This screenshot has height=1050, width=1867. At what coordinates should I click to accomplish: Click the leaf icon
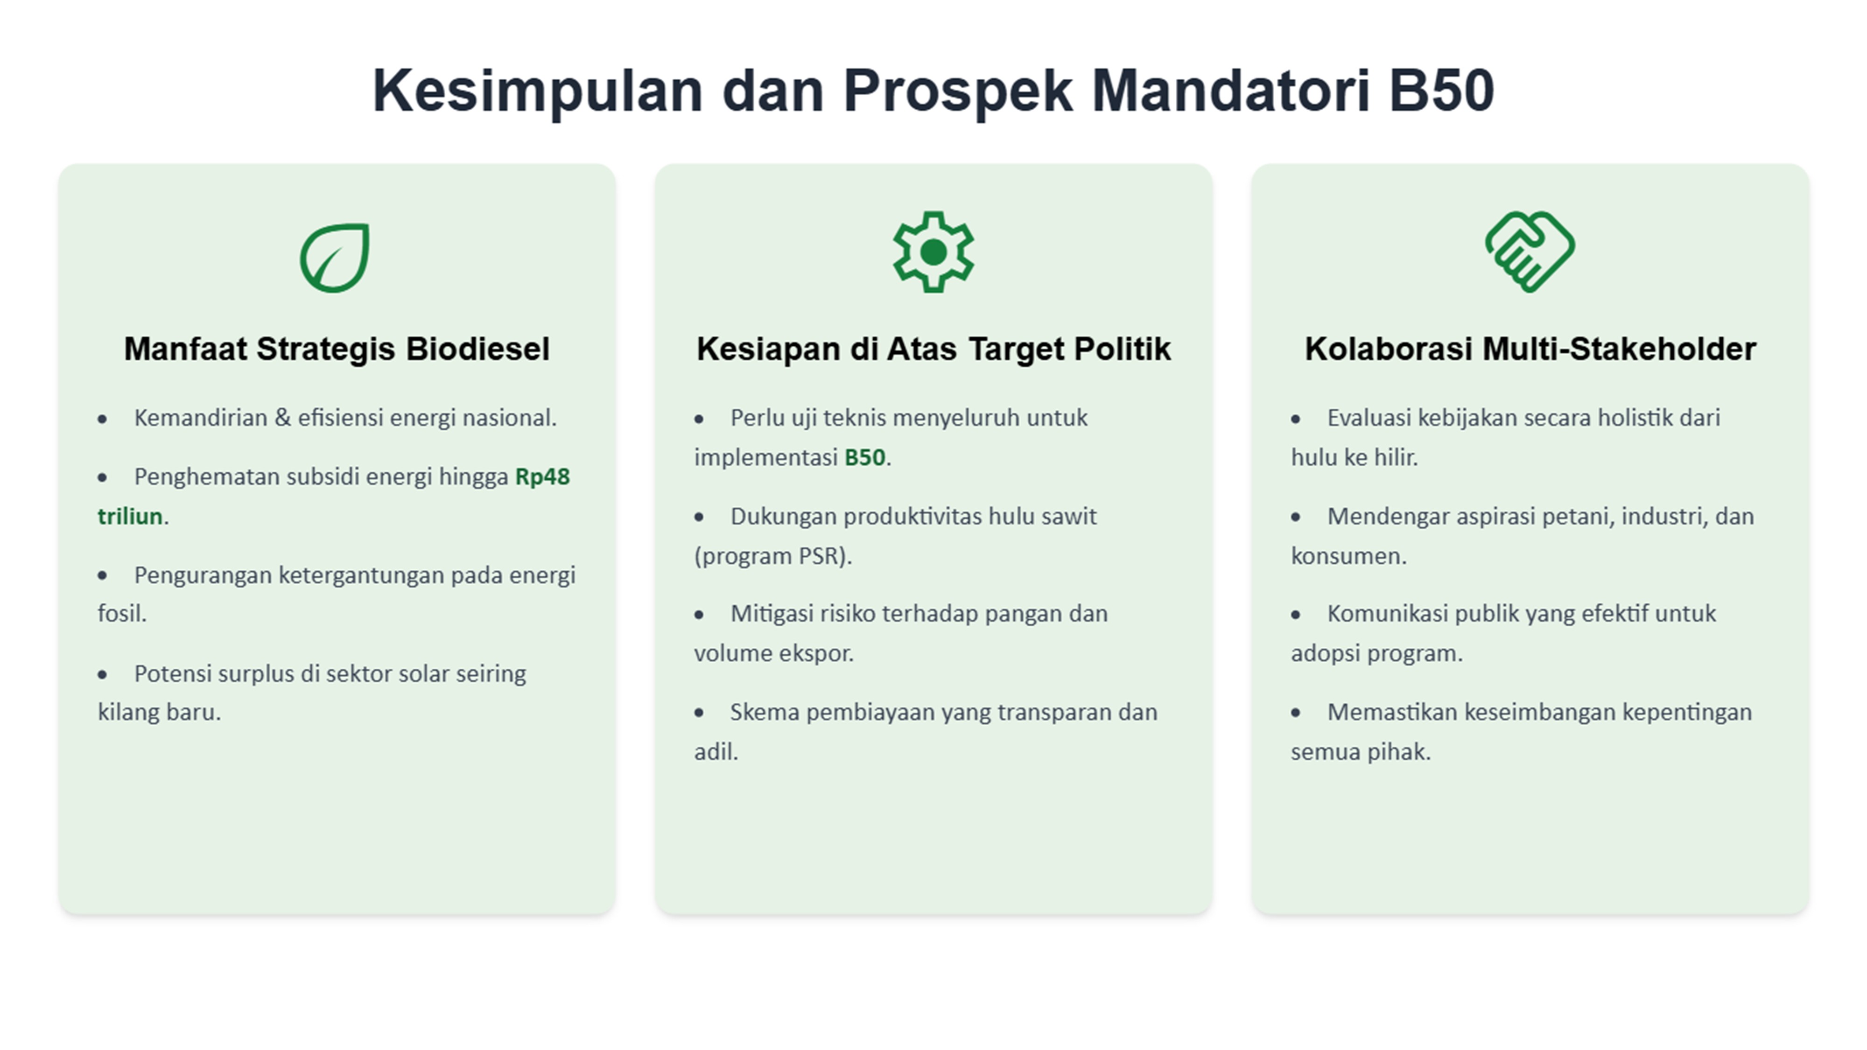[x=335, y=258]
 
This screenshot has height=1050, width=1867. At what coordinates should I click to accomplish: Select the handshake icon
[x=1529, y=252]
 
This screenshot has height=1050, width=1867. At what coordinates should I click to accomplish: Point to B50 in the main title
[x=1441, y=91]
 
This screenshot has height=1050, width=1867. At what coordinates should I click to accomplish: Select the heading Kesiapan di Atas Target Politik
[x=933, y=349]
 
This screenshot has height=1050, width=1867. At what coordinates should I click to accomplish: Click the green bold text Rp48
[x=542, y=477]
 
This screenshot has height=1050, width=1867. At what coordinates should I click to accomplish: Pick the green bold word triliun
[x=130, y=517]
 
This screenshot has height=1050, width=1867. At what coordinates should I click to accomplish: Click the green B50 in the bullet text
[x=864, y=458]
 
